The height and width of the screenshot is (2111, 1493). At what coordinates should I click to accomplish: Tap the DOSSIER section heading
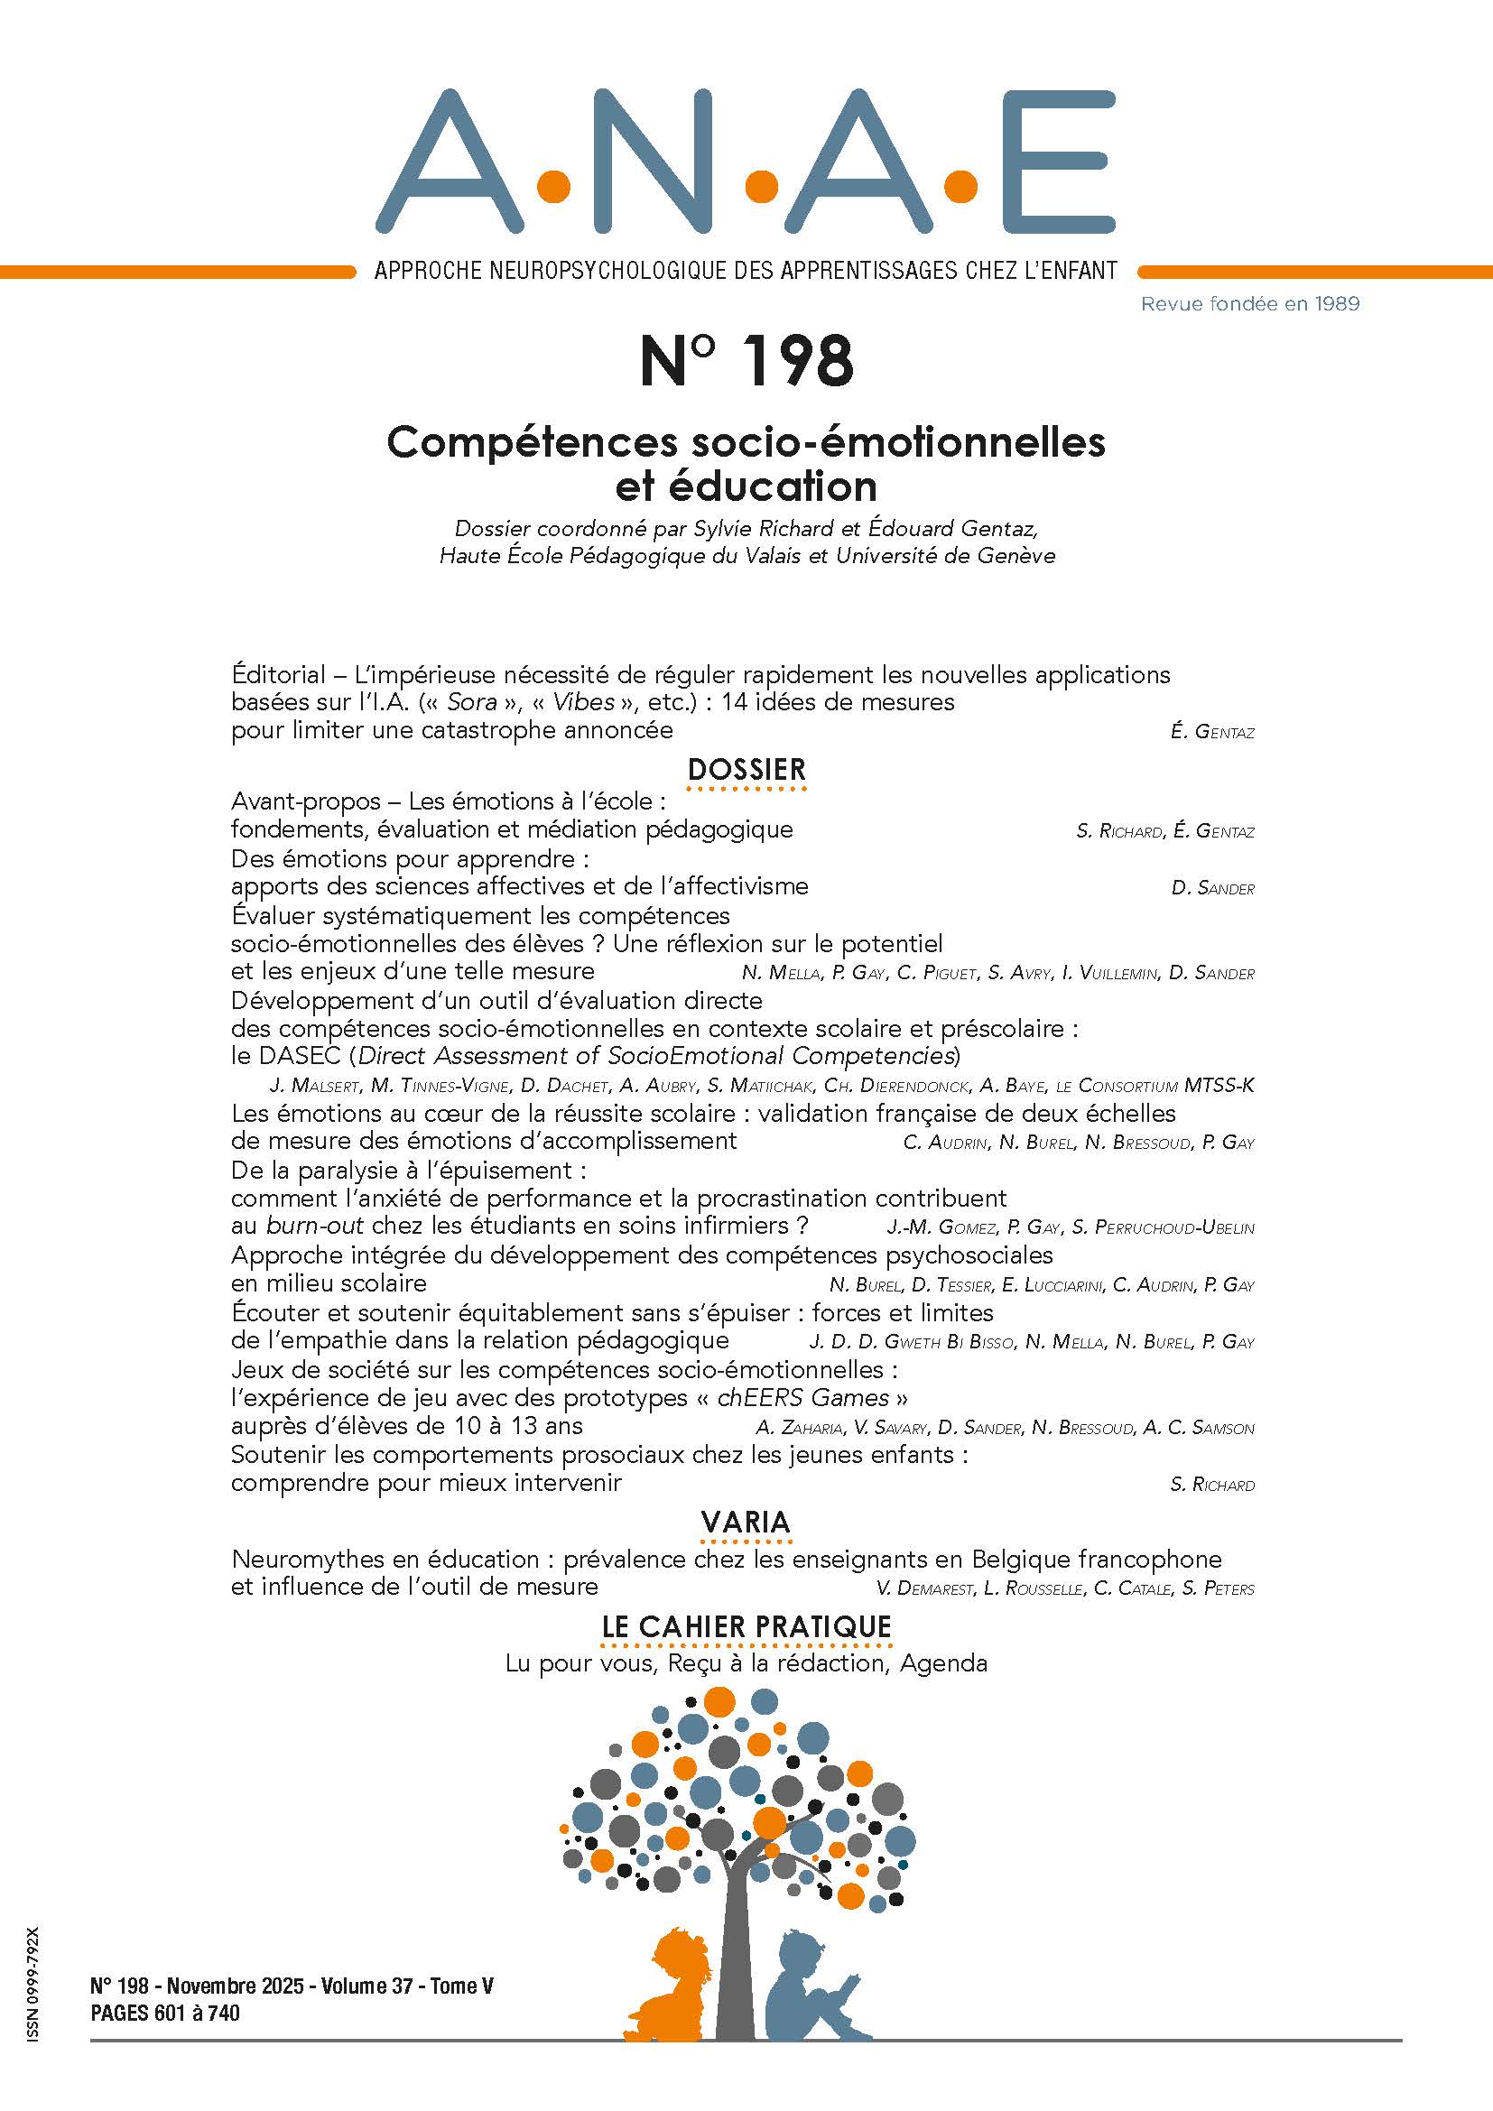click(746, 769)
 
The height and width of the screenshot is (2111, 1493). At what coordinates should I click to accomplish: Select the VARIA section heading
click(746, 1522)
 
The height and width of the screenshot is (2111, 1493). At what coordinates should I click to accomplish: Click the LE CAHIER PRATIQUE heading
click(746, 1626)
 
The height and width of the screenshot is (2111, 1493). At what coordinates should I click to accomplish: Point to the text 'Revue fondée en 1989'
click(1249, 303)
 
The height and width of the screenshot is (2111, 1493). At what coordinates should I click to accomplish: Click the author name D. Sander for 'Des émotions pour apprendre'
click(1212, 889)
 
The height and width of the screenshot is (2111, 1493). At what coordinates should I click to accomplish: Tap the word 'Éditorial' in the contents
click(279, 675)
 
